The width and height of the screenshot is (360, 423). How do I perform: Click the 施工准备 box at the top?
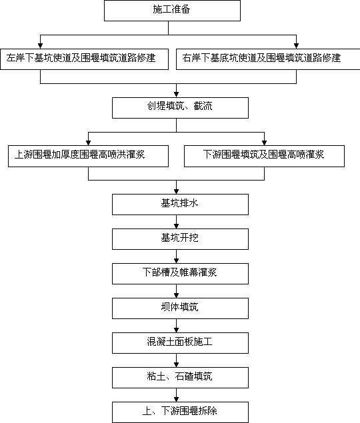(x=172, y=11)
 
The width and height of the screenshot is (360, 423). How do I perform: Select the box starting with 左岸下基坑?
(x=84, y=59)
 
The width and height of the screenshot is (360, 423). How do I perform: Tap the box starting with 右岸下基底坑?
(x=268, y=59)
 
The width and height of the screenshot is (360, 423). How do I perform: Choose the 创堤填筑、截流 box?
(x=180, y=108)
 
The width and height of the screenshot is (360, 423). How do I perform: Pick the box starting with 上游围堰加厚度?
(x=88, y=156)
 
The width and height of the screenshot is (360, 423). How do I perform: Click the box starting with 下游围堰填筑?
(x=264, y=156)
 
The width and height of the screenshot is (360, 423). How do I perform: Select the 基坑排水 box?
(x=180, y=205)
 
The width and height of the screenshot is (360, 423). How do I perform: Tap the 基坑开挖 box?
(x=180, y=239)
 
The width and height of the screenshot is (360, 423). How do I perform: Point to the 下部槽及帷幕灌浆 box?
(x=180, y=274)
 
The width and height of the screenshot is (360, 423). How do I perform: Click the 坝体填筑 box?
(x=180, y=308)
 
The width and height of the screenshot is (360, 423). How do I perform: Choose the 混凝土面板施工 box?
(x=180, y=343)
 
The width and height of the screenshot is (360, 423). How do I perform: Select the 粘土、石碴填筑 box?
(x=180, y=378)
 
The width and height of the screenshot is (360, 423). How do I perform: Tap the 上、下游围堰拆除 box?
(x=180, y=412)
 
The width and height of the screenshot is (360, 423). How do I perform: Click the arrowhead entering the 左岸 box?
(x=40, y=46)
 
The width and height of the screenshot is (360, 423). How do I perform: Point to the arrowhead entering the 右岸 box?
(x=296, y=46)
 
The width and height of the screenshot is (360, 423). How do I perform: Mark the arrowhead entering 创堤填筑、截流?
(x=177, y=95)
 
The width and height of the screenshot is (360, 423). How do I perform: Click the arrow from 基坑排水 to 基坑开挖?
(x=177, y=222)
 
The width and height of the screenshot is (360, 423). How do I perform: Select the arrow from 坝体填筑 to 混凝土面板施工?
(x=177, y=326)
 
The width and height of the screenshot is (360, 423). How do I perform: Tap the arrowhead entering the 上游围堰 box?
(x=88, y=143)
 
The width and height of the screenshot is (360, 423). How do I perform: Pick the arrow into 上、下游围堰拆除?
(x=177, y=395)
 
